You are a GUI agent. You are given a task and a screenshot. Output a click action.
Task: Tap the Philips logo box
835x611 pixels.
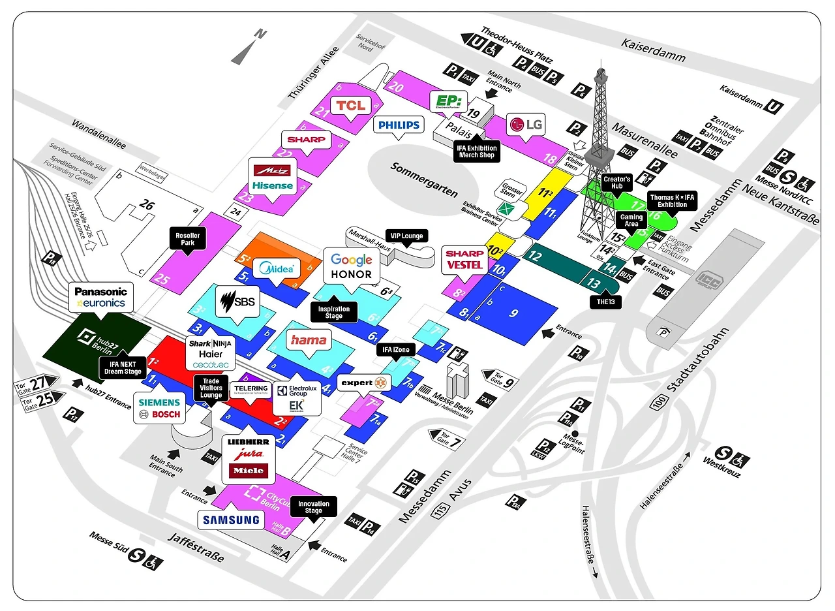(398, 124)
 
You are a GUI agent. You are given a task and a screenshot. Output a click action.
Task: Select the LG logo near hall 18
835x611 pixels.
(527, 125)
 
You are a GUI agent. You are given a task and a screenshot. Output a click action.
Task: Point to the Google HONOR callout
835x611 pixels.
(352, 267)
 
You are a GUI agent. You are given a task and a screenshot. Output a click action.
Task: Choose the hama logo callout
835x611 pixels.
(308, 340)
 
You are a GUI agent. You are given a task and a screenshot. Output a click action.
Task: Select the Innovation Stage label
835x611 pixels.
(313, 507)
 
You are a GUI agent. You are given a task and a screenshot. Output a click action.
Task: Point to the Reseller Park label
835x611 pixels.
(188, 239)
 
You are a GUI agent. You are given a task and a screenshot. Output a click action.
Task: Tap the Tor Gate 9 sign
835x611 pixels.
(500, 379)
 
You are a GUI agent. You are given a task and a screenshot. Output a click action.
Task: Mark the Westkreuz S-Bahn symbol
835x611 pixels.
(723, 454)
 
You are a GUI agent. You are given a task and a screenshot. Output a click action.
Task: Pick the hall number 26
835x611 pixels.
(147, 205)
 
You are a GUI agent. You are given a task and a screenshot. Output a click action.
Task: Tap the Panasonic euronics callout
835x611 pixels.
(101, 298)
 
